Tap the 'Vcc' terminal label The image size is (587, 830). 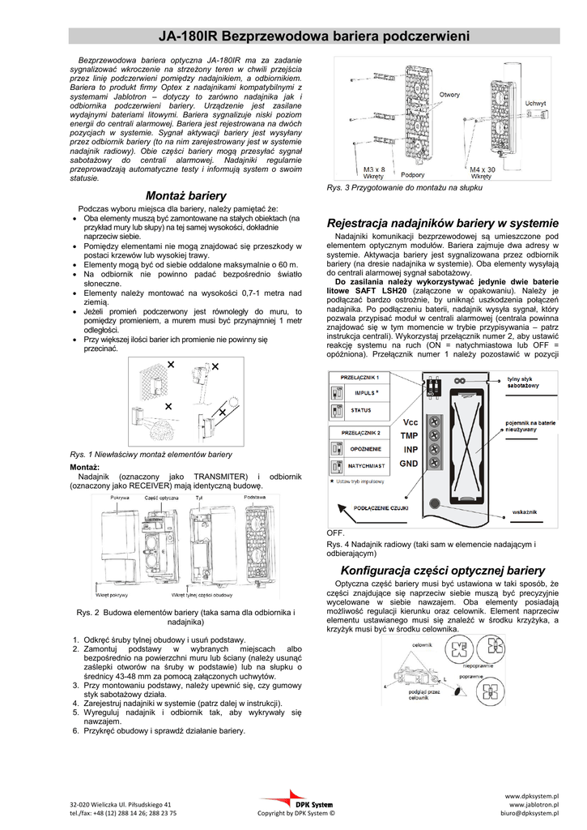click(410, 422)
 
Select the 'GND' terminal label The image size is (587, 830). click(410, 463)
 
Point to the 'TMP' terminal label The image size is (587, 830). click(410, 435)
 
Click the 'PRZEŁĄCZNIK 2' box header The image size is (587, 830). click(360, 433)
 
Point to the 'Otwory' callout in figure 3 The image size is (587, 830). click(449, 96)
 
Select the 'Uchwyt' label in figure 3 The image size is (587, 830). click(535, 104)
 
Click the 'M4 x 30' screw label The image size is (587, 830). click(483, 169)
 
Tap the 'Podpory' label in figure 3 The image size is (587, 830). click(413, 175)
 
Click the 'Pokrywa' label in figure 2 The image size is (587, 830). click(120, 496)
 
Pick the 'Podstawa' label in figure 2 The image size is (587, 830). click(255, 496)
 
